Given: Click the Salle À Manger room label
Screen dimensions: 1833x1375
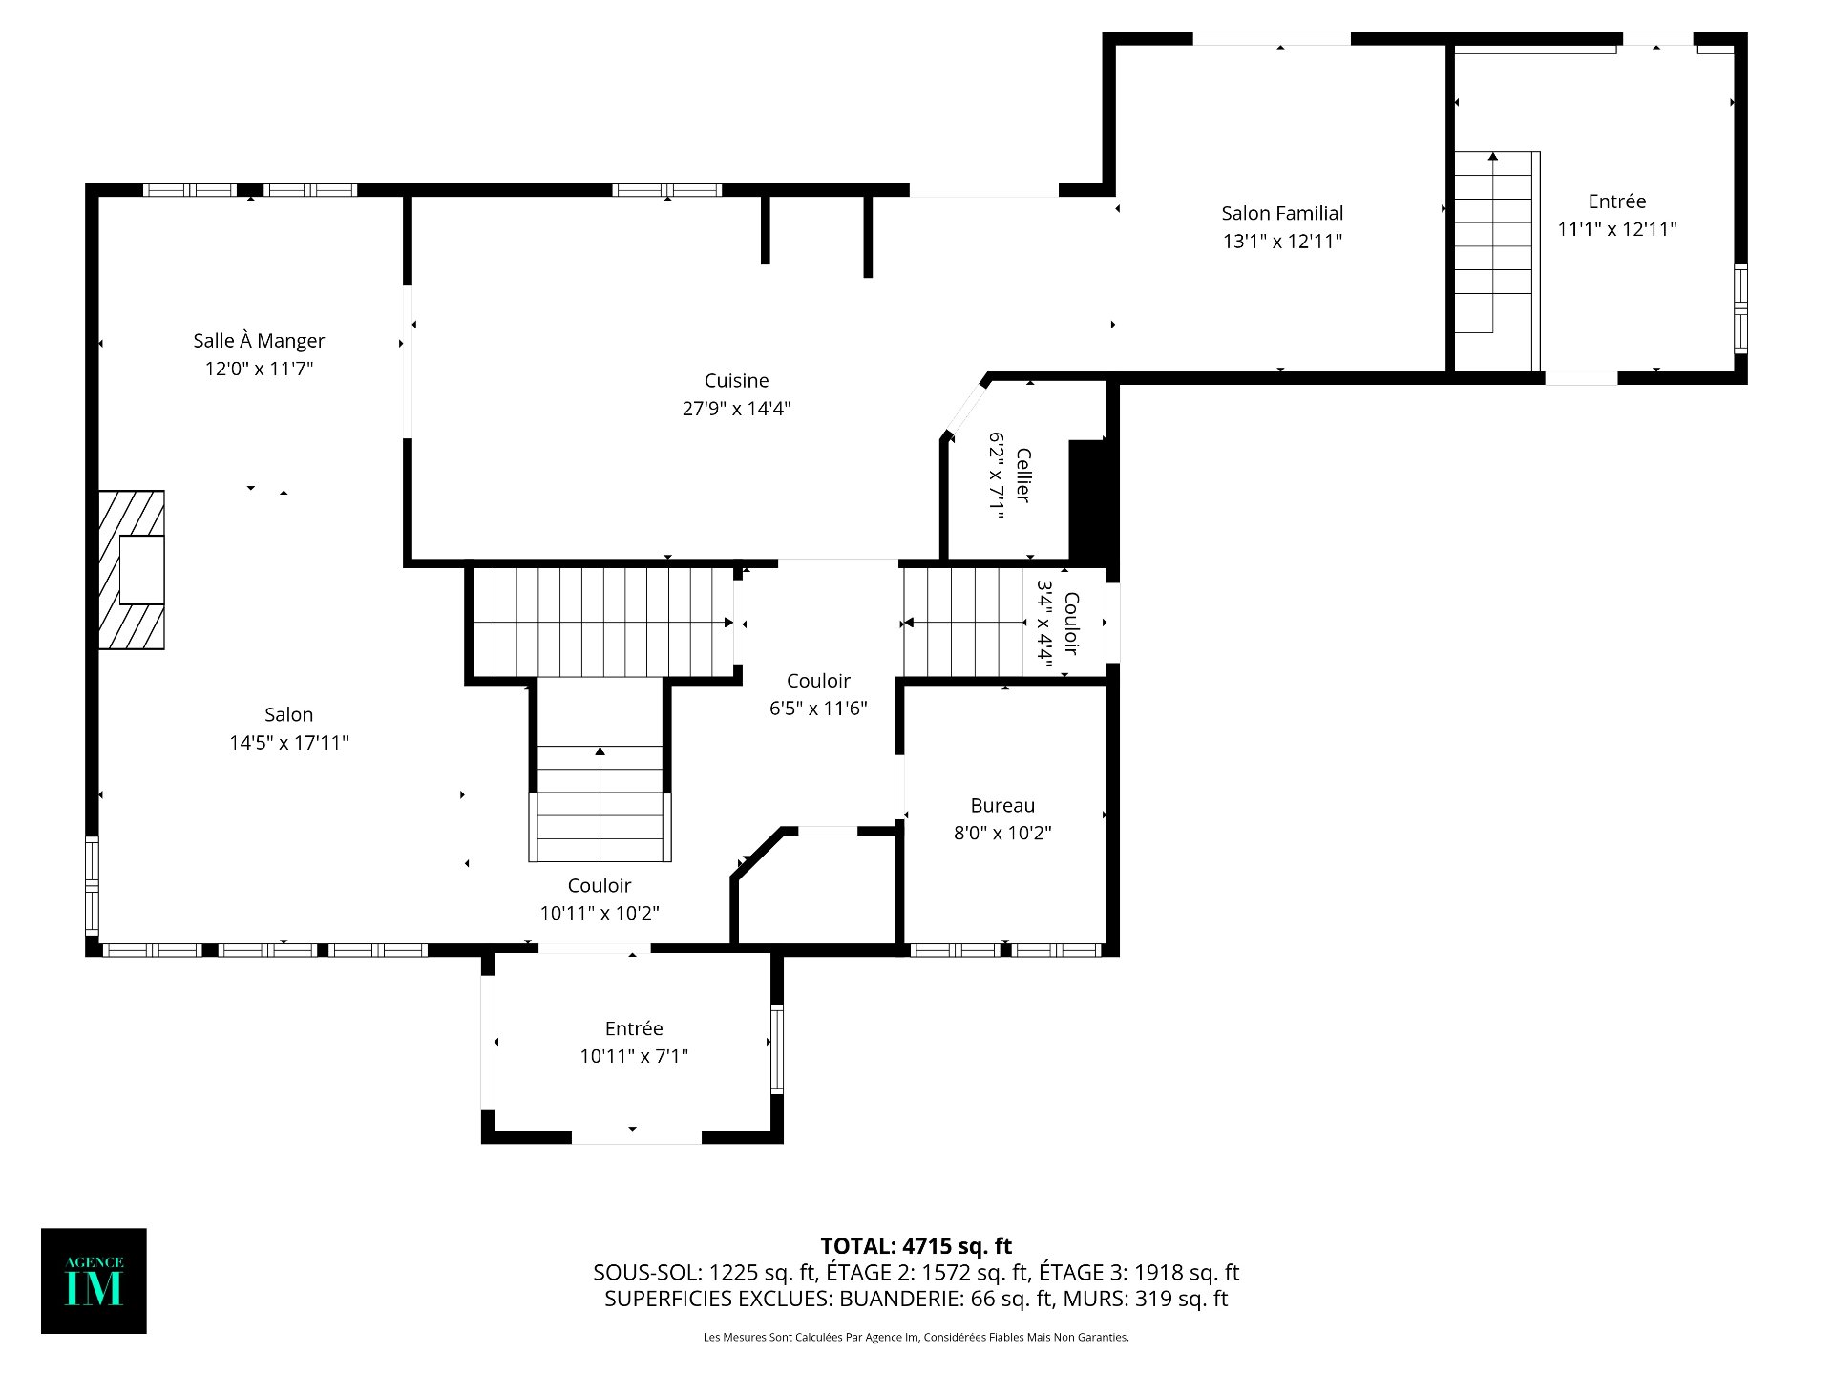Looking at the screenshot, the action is pos(259,341).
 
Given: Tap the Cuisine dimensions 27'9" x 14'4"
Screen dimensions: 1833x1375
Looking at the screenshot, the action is pos(736,409).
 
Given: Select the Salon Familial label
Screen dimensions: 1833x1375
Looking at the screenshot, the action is pos(1282,213).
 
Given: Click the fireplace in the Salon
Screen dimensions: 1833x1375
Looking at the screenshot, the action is pos(132,570).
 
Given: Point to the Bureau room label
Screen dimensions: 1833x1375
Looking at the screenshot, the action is pos(1002,806).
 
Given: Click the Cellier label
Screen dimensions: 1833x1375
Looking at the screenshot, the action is pos(1022,475).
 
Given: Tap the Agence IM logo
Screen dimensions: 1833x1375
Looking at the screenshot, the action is pos(94,1280).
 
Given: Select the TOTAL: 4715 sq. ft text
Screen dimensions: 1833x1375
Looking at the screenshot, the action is pos(916,1246).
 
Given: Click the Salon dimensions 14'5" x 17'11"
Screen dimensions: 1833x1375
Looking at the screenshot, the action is pos(288,743).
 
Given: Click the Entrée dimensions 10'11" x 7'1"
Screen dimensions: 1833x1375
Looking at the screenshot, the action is pos(634,1056).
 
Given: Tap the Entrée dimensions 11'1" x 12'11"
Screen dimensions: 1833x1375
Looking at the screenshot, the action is pos(1617,229).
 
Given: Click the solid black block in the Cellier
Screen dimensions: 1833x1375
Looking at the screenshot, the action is pos(1087,500).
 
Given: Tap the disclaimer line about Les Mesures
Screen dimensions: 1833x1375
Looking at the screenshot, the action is pos(916,1337).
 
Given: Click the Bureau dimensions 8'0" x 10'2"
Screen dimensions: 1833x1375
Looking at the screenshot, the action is pos(1002,833).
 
